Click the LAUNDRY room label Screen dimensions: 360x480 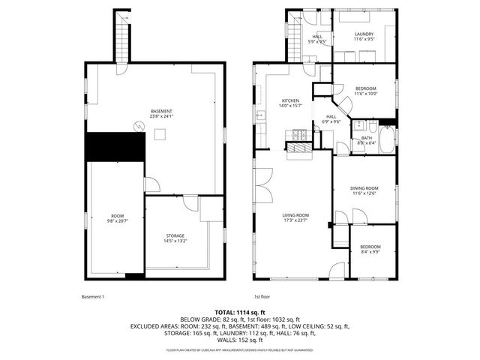(x=364, y=34)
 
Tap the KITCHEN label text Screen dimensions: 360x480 (x=290, y=100)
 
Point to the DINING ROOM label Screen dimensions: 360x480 (x=364, y=188)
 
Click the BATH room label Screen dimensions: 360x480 (x=366, y=137)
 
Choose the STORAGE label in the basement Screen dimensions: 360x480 (x=175, y=236)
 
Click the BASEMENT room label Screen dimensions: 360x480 (x=161, y=111)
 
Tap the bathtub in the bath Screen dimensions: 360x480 (x=387, y=140)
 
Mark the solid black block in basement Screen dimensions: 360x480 (x=114, y=146)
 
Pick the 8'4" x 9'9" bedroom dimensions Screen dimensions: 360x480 (x=370, y=252)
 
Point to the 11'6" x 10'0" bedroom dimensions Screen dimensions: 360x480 (x=364, y=93)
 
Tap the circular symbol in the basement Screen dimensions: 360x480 (x=137, y=127)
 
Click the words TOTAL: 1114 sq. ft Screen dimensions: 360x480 (x=240, y=311)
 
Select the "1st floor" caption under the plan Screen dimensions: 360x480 (x=261, y=296)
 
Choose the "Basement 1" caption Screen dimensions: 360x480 (x=93, y=296)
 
